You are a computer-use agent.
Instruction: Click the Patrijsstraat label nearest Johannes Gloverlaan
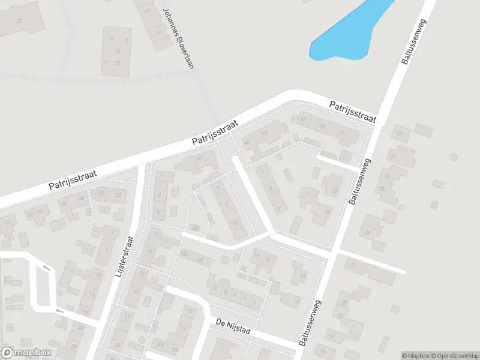click(x=215, y=131)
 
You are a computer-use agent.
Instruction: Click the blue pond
click(x=348, y=33)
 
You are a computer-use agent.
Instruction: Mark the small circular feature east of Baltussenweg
click(x=454, y=157)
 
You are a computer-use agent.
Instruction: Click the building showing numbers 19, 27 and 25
click(x=116, y=51)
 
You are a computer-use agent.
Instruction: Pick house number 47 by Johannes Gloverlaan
click(x=149, y=11)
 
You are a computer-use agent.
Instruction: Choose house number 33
click(x=393, y=156)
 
